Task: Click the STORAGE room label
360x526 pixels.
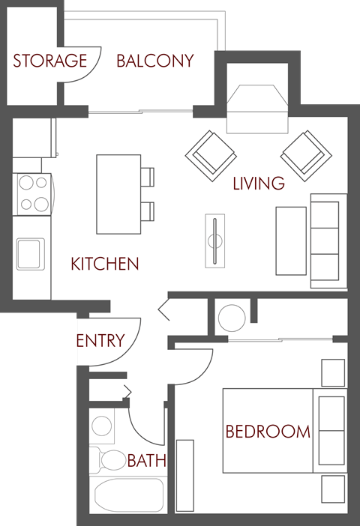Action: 49,61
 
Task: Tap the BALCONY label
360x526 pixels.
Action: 154,61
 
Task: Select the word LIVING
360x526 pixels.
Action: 259,182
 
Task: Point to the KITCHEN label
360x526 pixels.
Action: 105,264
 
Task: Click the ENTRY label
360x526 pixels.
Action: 100,341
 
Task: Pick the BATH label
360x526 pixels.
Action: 146,461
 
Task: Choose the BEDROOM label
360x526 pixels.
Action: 268,432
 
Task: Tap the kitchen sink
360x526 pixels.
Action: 31,253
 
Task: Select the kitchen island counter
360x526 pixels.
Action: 118,194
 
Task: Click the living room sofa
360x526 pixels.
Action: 328,240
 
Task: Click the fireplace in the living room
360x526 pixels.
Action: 257,106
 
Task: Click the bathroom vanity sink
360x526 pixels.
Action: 102,426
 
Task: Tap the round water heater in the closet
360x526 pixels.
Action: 231,318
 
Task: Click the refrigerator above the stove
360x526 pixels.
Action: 34,138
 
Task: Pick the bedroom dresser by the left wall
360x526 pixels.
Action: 184,476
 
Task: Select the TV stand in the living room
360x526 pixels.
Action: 215,240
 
